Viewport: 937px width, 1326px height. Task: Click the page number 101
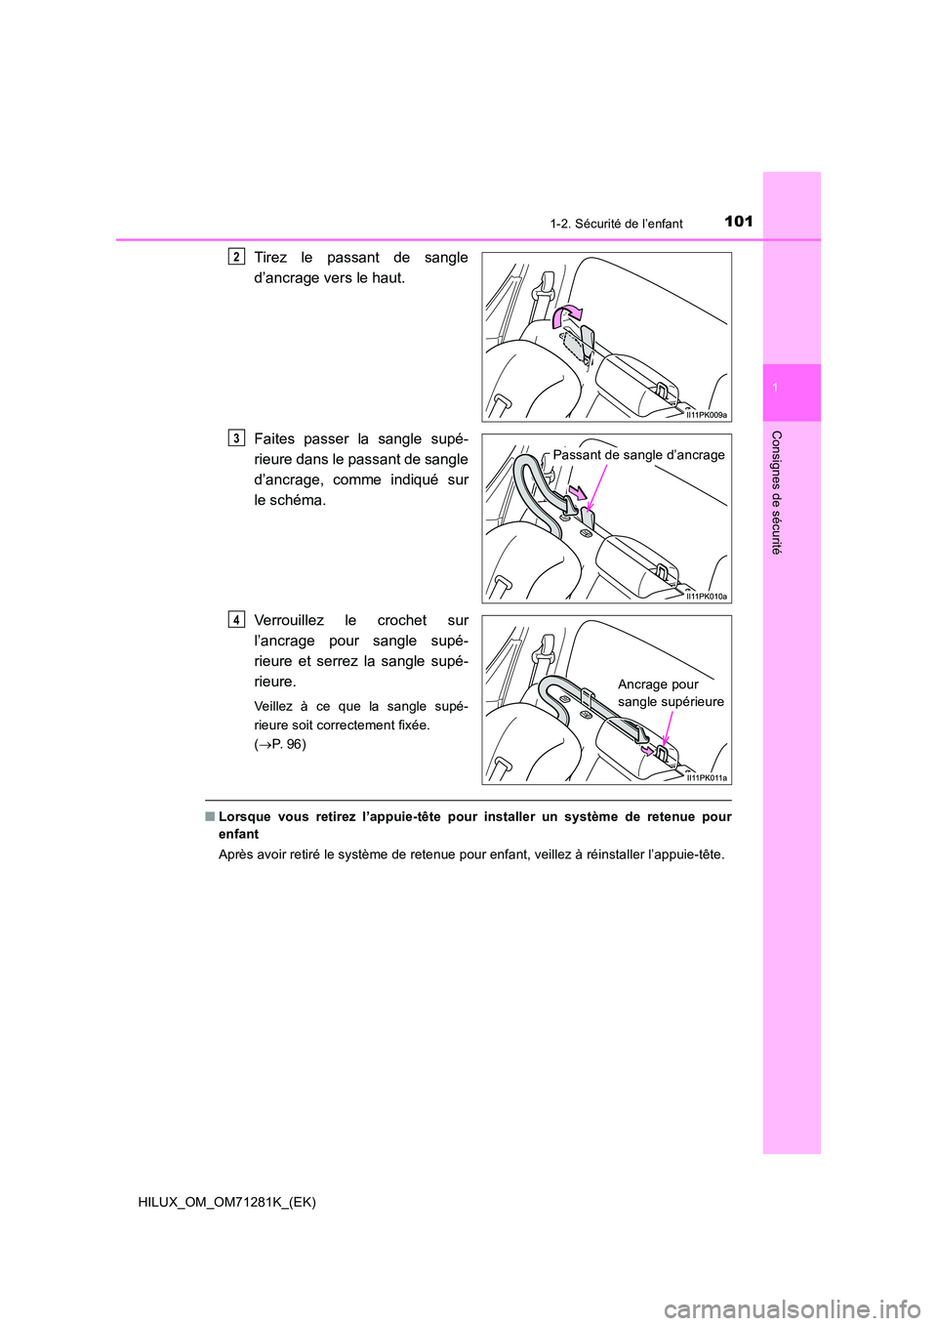click(x=739, y=222)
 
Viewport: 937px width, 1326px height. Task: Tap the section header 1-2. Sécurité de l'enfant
click(x=616, y=224)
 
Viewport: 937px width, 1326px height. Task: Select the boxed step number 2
click(x=236, y=257)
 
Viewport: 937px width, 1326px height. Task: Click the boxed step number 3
click(x=236, y=438)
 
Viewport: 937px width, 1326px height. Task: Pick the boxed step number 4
click(x=236, y=619)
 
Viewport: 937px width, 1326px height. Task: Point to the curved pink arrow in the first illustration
click(x=567, y=315)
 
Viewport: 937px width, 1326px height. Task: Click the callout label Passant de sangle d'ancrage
click(x=638, y=455)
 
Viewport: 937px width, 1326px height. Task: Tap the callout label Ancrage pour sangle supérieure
click(x=671, y=693)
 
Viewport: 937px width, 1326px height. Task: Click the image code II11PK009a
click(x=706, y=415)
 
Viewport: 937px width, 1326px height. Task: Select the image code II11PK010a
click(x=706, y=597)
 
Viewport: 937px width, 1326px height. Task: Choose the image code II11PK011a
click(x=706, y=778)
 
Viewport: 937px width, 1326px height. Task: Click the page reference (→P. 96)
click(x=280, y=744)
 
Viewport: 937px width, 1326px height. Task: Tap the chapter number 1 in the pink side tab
click(x=773, y=389)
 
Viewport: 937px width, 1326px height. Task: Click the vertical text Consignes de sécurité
click(x=776, y=492)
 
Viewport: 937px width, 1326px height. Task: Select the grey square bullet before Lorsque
click(x=209, y=816)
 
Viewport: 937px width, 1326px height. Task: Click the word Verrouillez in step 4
click(x=289, y=620)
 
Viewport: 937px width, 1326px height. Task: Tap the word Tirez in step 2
click(x=270, y=258)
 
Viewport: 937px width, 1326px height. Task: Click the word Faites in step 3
click(x=274, y=439)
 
